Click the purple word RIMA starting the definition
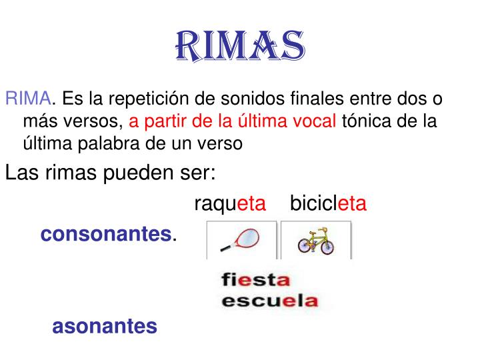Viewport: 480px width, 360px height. point(27,100)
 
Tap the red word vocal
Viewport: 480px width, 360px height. point(316,121)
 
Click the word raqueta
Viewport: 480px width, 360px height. point(230,203)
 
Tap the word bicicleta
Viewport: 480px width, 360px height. point(328,203)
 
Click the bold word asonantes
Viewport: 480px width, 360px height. point(105,326)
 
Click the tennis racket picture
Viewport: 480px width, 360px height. point(241,239)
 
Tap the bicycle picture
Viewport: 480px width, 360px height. point(316,240)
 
